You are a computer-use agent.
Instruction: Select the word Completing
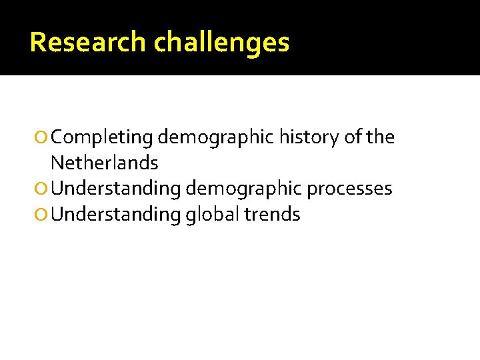pyautogui.click(x=102, y=138)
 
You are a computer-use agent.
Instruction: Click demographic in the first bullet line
pyautogui.click(x=216, y=138)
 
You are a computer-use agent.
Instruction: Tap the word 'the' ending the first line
pyautogui.click(x=381, y=137)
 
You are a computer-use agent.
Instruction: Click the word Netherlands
pyautogui.click(x=105, y=163)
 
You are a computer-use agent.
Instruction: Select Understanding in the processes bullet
pyautogui.click(x=116, y=189)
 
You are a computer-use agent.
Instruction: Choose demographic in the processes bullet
pyautogui.click(x=244, y=189)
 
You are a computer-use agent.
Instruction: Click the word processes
pyautogui.click(x=349, y=189)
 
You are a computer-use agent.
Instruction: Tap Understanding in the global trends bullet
pyautogui.click(x=116, y=215)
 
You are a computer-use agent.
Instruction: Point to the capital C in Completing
pyautogui.click(x=57, y=138)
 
